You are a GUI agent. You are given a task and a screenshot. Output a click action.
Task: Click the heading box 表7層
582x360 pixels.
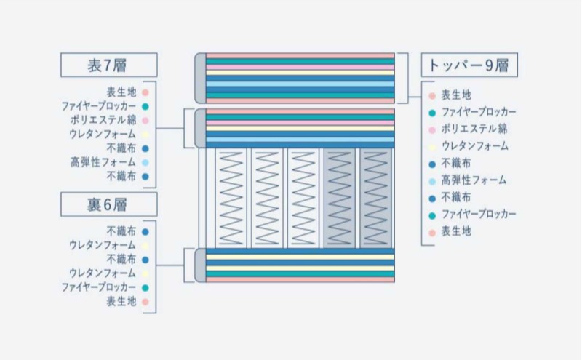107,65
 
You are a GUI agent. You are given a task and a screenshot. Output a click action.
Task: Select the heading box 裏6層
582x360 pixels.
107,204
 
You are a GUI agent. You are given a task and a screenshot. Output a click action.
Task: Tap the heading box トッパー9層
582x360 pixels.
469,65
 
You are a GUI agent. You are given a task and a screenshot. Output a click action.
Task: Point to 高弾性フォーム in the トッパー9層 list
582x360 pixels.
473,180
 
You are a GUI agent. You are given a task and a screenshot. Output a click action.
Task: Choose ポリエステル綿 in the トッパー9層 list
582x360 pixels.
474,129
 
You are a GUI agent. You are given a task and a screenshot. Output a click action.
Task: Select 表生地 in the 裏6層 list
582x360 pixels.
121,301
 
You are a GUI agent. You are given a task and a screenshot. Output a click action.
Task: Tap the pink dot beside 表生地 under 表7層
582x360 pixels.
145,92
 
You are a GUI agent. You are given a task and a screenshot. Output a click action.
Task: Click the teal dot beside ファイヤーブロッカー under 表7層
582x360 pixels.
145,106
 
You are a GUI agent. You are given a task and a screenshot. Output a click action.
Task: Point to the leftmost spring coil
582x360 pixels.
232,197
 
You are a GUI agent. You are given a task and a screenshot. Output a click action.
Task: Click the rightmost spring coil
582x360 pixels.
376,197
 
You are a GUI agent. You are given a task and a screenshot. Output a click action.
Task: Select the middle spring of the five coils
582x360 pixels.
304,197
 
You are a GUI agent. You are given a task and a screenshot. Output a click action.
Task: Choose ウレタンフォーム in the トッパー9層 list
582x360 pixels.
474,146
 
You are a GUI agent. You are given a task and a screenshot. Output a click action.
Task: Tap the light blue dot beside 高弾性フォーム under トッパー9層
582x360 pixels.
432,180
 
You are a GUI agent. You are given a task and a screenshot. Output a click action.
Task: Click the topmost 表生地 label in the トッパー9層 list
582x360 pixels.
456,95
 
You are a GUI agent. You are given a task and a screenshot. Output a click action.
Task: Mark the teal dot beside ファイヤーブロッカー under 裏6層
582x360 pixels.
145,288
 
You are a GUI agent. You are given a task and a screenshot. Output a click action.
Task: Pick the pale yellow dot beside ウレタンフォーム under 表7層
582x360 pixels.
145,135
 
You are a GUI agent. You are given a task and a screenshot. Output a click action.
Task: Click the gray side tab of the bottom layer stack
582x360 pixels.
200,265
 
